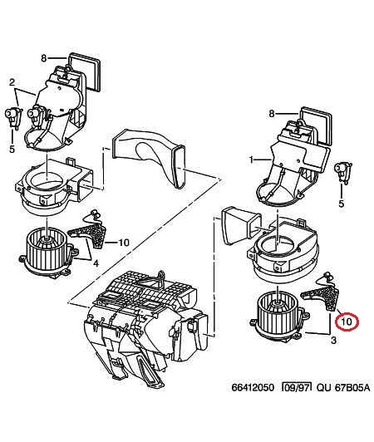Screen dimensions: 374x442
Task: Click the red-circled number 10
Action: point(347,322)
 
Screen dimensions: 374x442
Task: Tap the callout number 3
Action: point(333,341)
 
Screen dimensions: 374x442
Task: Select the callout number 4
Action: point(96,263)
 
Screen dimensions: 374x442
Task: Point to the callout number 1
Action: point(251,160)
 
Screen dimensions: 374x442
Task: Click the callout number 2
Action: point(12,82)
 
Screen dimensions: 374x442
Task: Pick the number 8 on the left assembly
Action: point(43,58)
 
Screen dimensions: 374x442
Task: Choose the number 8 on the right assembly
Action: point(272,114)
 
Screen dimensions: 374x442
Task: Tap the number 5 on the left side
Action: point(12,149)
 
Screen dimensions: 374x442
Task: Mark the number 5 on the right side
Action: point(342,204)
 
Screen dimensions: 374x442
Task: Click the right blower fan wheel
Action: point(279,315)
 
